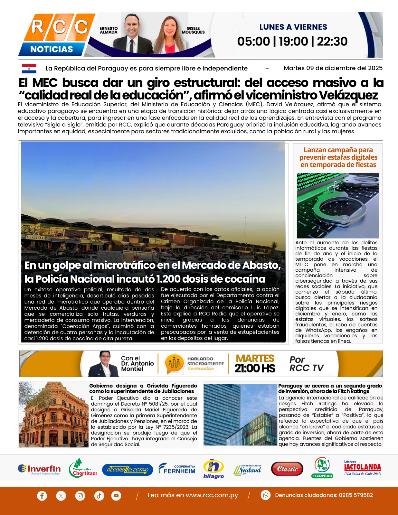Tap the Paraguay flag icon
29,68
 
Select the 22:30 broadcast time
332,42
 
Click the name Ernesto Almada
109,30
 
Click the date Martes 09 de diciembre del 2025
333,68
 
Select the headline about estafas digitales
338,157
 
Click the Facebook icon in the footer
42,495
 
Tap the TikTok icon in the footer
99,495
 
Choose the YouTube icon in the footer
116,495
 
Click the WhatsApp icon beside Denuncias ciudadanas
265,495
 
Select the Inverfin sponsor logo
39,469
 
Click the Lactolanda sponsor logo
363,468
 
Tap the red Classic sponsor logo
287,469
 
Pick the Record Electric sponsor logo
128,470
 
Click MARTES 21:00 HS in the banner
255,364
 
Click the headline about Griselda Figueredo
143,388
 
